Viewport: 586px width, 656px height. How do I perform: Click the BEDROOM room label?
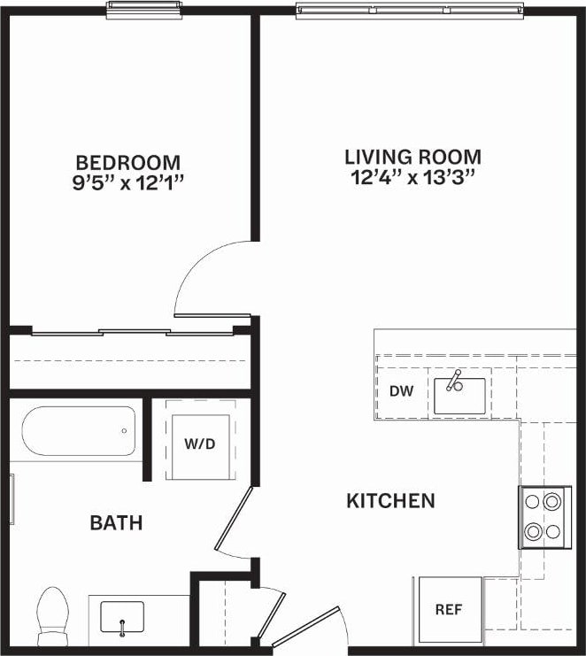click(x=128, y=163)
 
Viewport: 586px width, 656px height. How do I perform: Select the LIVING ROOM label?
click(x=413, y=157)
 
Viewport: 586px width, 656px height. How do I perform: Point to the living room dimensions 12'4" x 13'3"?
click(x=413, y=176)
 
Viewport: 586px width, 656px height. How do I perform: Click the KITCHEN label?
click(x=390, y=501)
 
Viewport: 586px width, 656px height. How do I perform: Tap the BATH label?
click(x=116, y=523)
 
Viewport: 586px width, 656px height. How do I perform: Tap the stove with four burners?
click(x=544, y=516)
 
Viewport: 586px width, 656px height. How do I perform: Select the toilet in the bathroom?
click(x=54, y=615)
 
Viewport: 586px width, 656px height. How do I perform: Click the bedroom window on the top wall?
click(x=144, y=9)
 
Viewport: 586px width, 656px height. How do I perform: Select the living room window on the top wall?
click(x=410, y=11)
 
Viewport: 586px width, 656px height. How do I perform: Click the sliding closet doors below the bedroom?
click(x=133, y=333)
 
